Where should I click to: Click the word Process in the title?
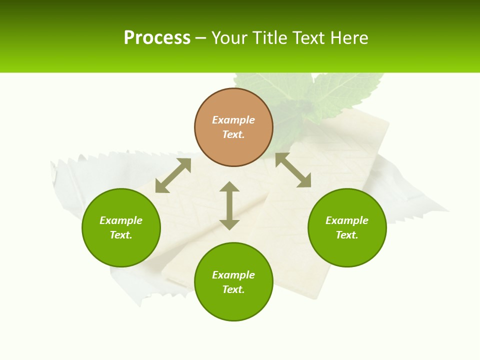tap(157, 38)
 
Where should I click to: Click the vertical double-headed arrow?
tap(229, 205)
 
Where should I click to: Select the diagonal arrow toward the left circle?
tap(173, 175)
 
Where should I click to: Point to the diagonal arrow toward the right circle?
tap(293, 170)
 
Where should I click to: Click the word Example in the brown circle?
tap(233, 120)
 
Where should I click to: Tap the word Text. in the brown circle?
tap(233, 134)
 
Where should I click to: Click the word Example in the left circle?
tap(121, 220)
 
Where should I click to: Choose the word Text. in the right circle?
tap(347, 235)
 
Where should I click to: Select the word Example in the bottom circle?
tap(233, 275)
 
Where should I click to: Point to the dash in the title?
tap(200, 38)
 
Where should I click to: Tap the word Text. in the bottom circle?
tap(233, 289)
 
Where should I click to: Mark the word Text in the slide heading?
tap(309, 38)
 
